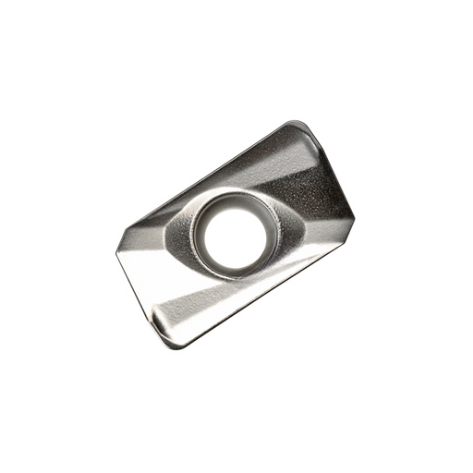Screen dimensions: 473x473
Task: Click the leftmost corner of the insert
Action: pyautogui.click(x=116, y=249)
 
